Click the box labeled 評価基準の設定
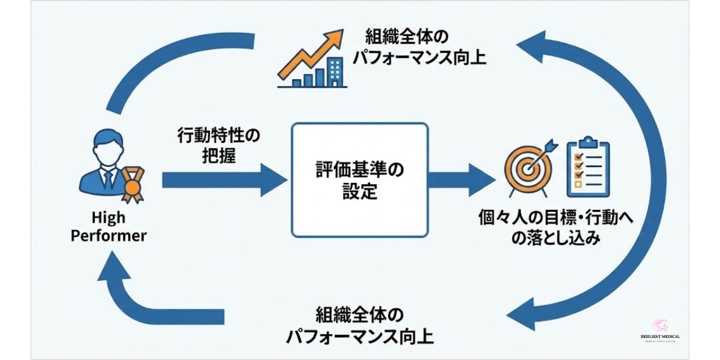coord(359,179)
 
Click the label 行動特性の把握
coord(218,146)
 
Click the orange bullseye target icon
coord(527,169)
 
